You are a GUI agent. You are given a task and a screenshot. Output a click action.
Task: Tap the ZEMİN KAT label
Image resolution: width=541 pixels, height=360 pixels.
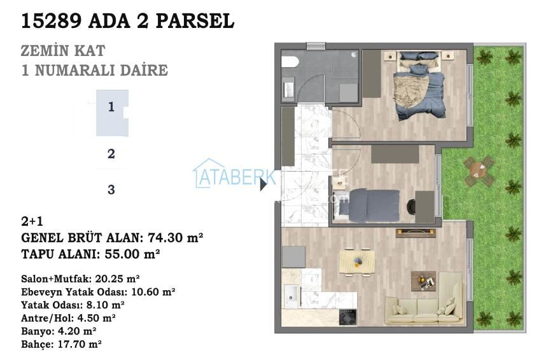[x=62, y=51]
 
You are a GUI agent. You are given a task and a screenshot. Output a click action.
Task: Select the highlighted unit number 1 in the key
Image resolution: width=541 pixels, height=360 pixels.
[x=111, y=107]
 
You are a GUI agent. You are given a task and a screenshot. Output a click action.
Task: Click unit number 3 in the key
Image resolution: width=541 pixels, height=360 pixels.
[x=111, y=190]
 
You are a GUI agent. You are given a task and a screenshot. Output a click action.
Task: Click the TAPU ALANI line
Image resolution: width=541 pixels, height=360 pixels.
[x=90, y=254]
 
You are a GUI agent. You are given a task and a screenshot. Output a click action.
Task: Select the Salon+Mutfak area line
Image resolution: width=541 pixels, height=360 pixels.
[x=80, y=279]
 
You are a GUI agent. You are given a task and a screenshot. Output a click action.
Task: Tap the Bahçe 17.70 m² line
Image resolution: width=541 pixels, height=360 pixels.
[x=61, y=343]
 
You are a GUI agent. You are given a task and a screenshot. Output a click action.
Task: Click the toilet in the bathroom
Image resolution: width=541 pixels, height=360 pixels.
[x=289, y=62]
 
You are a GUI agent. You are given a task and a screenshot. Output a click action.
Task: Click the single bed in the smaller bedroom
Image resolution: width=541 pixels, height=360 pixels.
[x=360, y=205]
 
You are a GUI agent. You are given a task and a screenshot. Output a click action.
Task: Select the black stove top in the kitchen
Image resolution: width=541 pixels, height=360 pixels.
[x=348, y=317]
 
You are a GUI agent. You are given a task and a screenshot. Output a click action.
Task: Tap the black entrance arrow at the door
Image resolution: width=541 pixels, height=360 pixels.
[x=263, y=185]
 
